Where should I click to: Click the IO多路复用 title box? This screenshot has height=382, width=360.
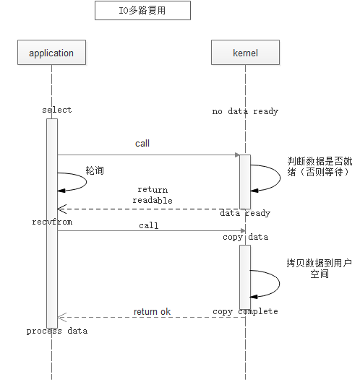(x=142, y=11)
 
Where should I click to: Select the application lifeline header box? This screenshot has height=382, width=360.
(x=52, y=53)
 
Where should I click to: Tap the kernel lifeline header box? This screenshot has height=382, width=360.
(x=245, y=53)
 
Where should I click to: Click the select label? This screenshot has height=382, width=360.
(x=57, y=110)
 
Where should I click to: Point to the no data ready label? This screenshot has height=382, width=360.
(x=245, y=111)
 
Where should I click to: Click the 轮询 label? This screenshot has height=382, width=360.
(x=95, y=170)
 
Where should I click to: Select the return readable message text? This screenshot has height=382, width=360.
(x=153, y=195)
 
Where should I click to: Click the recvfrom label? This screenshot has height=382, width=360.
(x=52, y=222)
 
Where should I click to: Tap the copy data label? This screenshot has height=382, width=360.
(x=245, y=237)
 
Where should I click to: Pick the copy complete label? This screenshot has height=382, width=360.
(x=245, y=311)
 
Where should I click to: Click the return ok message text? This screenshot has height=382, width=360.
(x=152, y=311)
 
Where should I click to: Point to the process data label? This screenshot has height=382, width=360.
(x=57, y=331)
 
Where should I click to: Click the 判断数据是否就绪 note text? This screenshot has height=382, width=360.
(x=320, y=166)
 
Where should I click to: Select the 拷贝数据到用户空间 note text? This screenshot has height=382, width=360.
(x=320, y=269)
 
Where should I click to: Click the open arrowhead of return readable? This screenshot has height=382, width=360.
(x=62, y=209)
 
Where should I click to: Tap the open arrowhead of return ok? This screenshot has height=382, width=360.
(x=62, y=318)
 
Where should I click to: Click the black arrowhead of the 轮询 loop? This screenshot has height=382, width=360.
(x=61, y=191)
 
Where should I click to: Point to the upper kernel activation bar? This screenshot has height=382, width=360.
(x=245, y=182)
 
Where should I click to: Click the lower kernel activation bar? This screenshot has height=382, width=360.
(x=245, y=277)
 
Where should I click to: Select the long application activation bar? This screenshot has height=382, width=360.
(x=52, y=223)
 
